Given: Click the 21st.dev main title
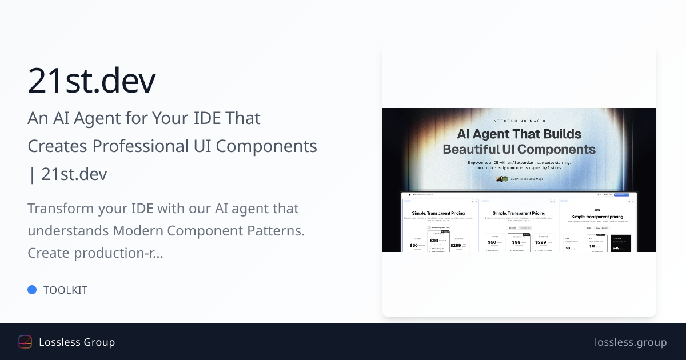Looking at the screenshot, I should (x=91, y=81).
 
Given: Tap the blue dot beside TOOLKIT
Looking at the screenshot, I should (x=32, y=290).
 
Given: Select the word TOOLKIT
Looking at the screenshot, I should (x=65, y=290).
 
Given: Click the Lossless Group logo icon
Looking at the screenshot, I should (x=25, y=342).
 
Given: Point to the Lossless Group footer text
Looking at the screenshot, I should (x=77, y=342).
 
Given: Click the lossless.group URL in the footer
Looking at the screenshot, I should (x=630, y=342).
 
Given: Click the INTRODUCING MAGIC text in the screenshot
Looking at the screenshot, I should (x=519, y=121).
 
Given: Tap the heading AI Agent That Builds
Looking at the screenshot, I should (x=519, y=134).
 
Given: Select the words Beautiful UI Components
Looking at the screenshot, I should (x=519, y=149).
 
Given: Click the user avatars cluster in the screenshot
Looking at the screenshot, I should (x=502, y=179).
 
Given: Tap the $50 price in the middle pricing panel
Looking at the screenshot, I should (x=492, y=242).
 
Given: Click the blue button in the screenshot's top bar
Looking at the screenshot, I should (x=621, y=195).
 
